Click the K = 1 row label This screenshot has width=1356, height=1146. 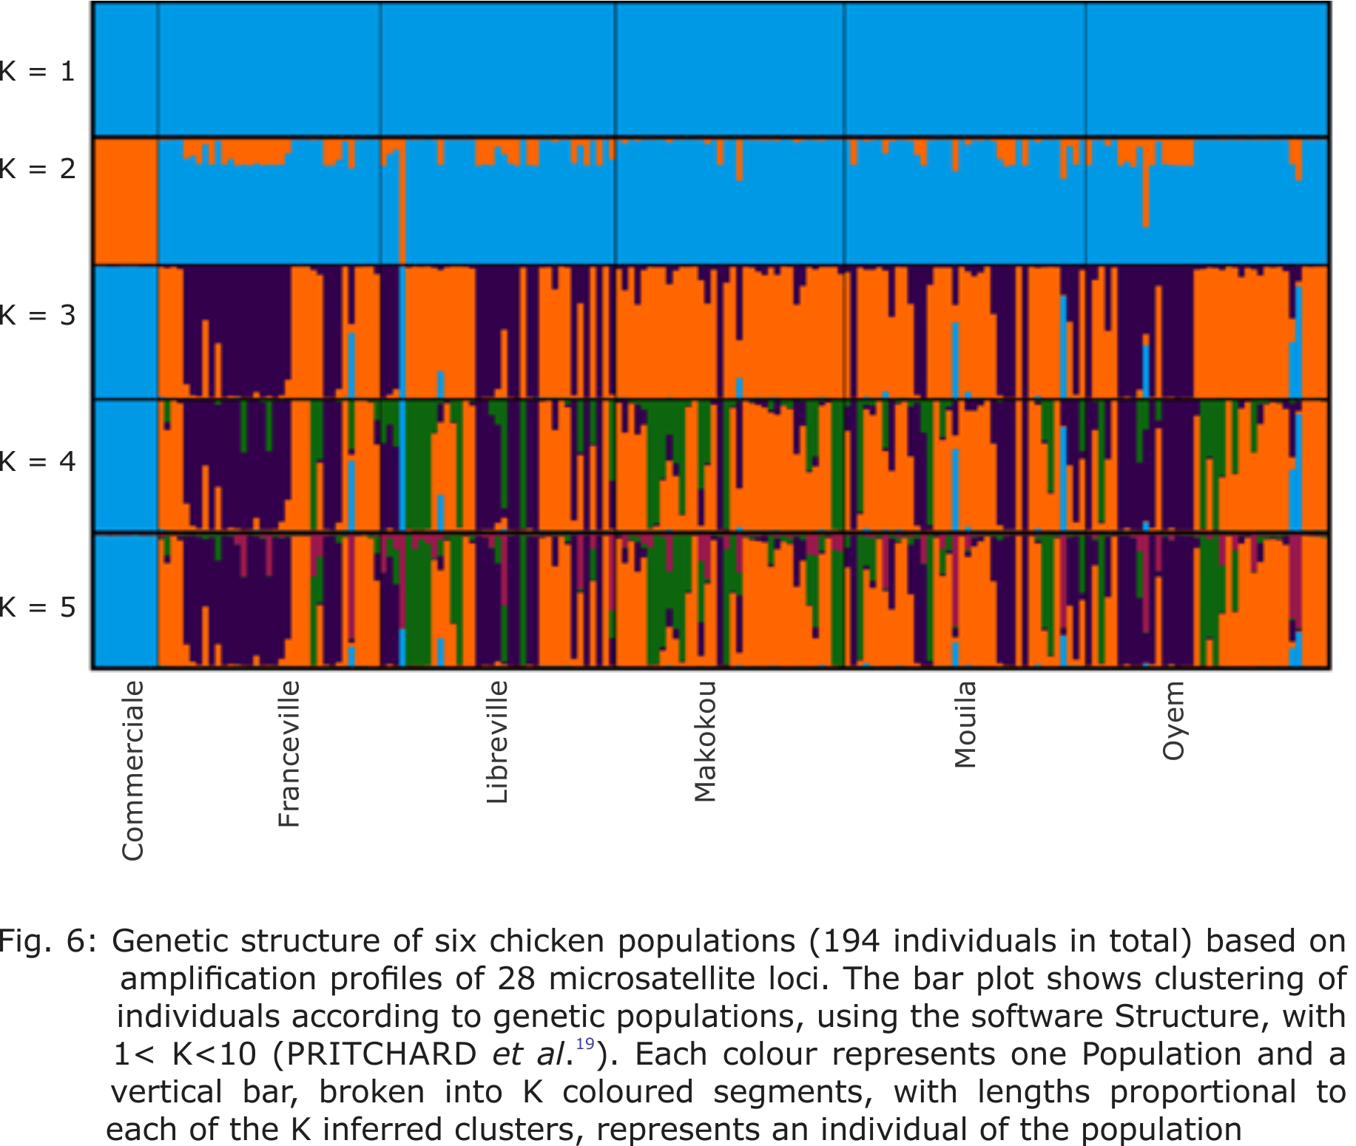(x=37, y=72)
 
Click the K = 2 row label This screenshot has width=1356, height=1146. (x=37, y=169)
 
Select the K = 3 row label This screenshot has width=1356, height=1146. (x=37, y=316)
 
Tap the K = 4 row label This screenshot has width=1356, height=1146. (x=37, y=462)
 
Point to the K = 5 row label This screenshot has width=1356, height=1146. (x=37, y=608)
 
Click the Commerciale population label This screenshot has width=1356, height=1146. (x=133, y=771)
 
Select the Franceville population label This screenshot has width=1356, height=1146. (x=289, y=753)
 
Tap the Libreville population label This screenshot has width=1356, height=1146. (x=497, y=742)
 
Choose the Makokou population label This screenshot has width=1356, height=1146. (x=705, y=742)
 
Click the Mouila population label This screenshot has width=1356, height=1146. (x=965, y=725)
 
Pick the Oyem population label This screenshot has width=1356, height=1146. (x=1173, y=721)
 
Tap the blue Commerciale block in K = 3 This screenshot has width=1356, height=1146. (x=125, y=332)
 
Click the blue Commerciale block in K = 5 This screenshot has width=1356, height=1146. (x=125, y=600)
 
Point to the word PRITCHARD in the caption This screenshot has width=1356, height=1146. (x=382, y=1054)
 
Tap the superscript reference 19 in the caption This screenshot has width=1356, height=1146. (x=585, y=1043)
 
